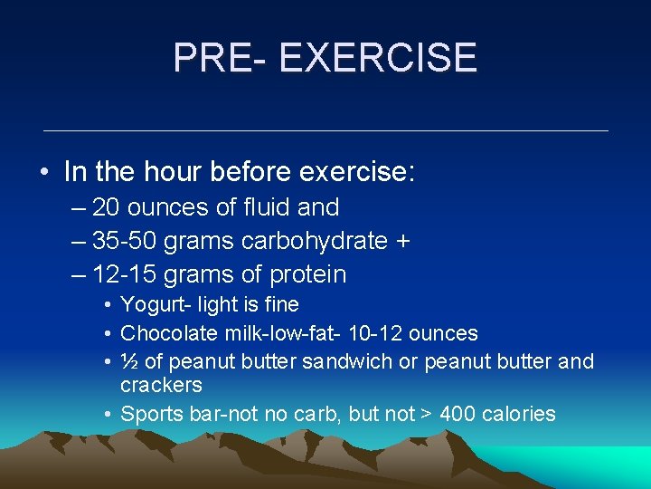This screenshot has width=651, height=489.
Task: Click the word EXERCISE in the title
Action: (378, 58)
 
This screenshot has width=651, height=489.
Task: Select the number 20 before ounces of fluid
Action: (107, 207)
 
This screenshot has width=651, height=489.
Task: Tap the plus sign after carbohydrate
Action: (402, 242)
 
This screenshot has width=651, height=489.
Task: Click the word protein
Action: (307, 274)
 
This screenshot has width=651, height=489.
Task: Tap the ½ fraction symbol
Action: (129, 361)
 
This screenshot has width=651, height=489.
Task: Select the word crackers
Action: (161, 385)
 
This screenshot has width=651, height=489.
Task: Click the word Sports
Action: (150, 414)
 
